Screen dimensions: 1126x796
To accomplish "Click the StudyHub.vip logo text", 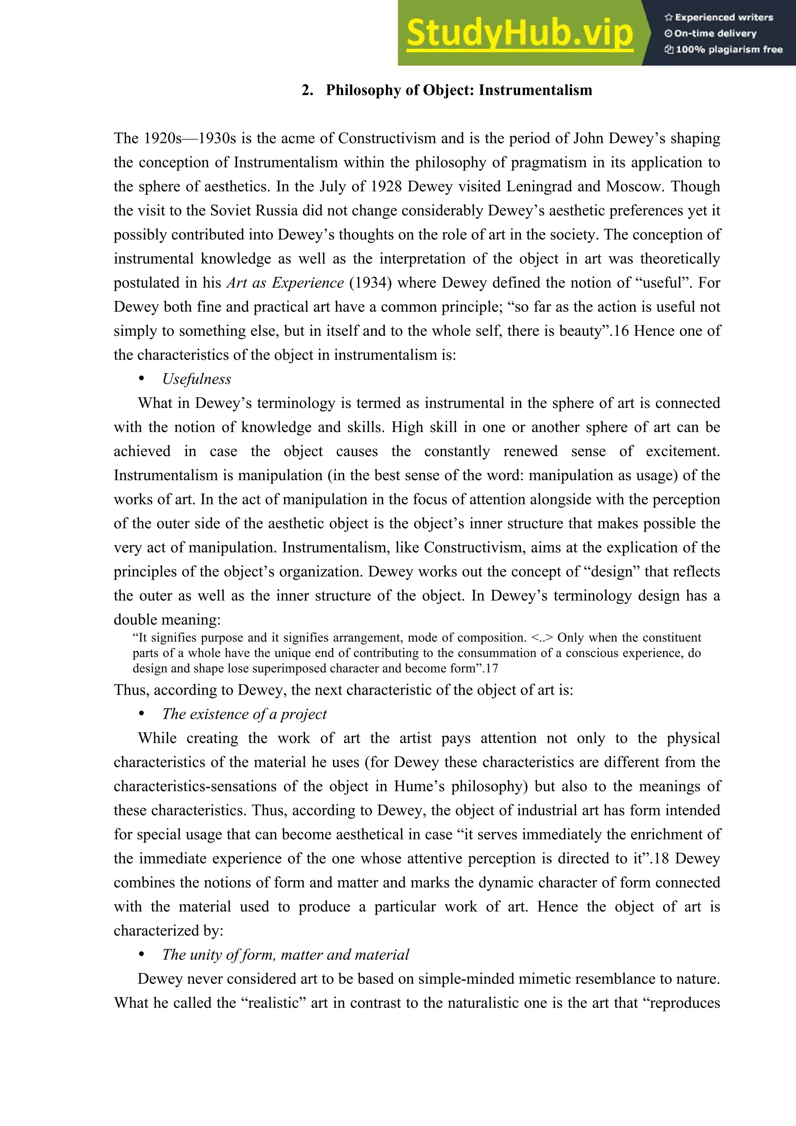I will coord(519,33).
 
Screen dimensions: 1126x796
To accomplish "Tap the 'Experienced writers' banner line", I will coord(719,17).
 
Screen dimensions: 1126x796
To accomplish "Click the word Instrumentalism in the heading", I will coord(535,90).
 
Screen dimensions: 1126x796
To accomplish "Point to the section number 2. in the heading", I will coord(307,90).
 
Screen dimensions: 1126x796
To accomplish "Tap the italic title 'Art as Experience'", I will coord(285,282).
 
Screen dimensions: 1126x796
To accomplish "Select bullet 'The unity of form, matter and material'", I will coord(285,954).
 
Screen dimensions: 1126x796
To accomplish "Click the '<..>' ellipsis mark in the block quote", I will coord(542,638).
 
